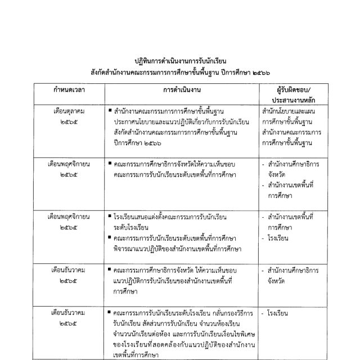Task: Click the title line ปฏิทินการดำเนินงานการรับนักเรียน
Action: point(180,61)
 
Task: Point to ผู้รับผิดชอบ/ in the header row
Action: point(290,91)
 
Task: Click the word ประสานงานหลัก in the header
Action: point(290,101)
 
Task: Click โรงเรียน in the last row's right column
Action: point(281,312)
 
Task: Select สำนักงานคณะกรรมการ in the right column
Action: point(291,132)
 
